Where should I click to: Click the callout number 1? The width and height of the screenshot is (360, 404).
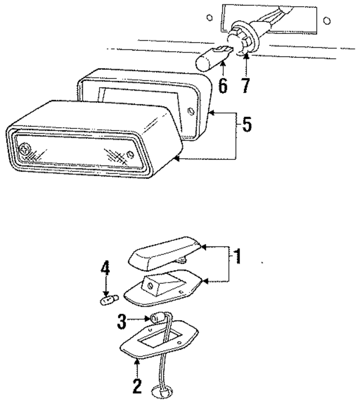238,257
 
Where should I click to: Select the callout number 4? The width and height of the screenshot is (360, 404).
104,269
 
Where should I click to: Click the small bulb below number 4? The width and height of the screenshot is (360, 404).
105,300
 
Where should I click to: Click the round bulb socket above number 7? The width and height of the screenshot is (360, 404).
245,44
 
